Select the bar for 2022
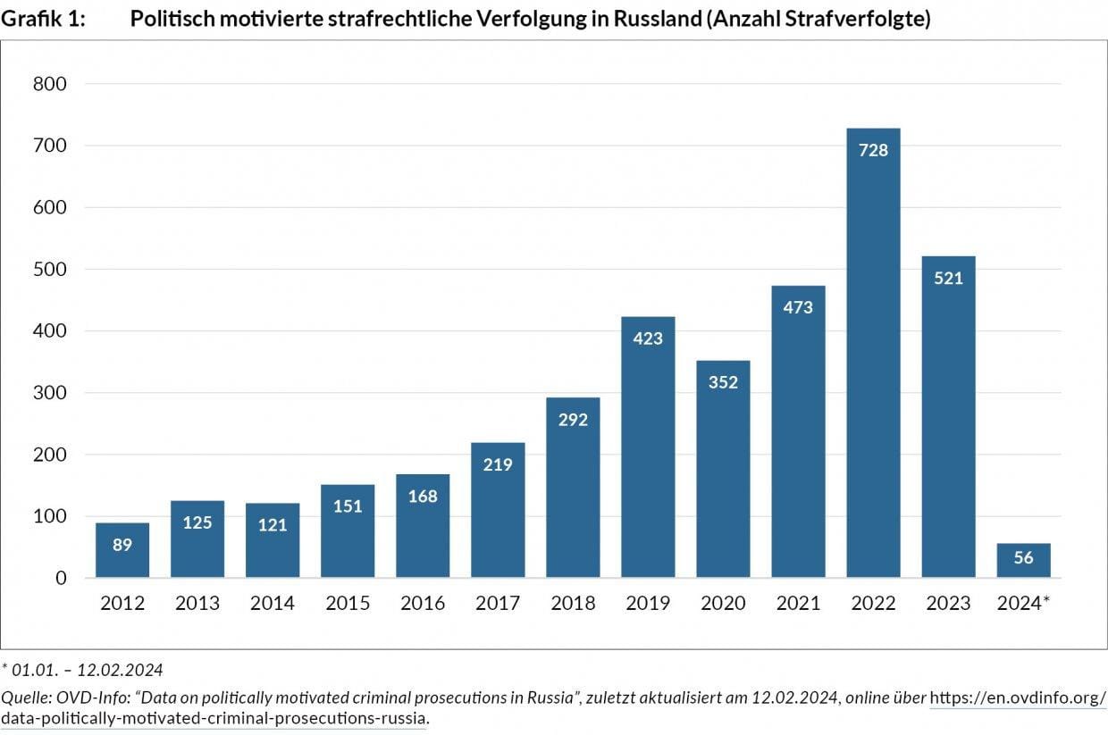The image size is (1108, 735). click(873, 357)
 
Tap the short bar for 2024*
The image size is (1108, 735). click(1023, 561)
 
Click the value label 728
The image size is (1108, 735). click(873, 150)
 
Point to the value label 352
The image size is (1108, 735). click(723, 382)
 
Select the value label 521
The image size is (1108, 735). click(948, 278)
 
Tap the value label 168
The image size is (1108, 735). click(423, 496)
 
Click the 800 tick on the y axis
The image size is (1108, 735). click(49, 84)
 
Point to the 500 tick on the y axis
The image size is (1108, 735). click(49, 270)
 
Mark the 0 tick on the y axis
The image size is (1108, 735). click(61, 579)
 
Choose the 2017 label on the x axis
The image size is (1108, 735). click(498, 604)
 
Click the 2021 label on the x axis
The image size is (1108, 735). click(798, 604)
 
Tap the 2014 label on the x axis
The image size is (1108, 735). click(273, 604)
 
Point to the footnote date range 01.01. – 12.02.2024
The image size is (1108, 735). click(81, 670)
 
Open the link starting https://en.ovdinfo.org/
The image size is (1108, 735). click(1018, 697)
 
